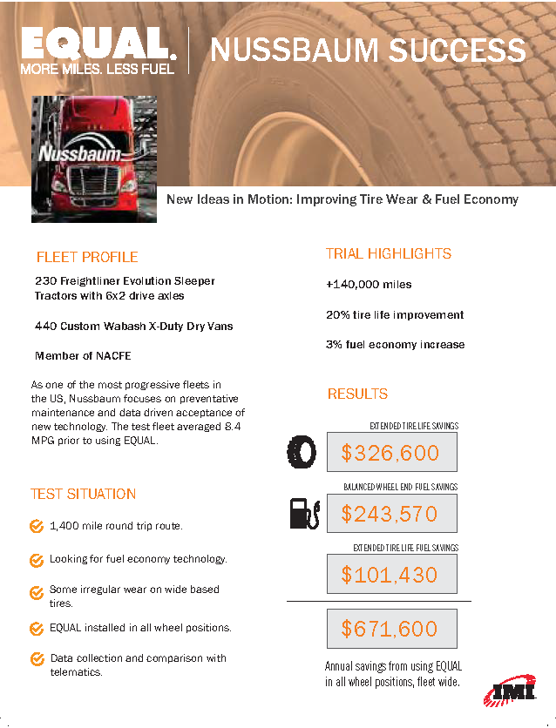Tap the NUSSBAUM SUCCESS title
[368, 50]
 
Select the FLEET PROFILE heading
[87, 257]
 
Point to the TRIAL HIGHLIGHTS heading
[389, 253]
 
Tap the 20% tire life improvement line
[395, 314]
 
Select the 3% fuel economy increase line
[395, 344]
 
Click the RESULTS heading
[357, 394]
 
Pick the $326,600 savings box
[391, 453]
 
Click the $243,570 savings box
[391, 514]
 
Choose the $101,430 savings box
[391, 575]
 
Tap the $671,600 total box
[391, 629]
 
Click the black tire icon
[302, 452]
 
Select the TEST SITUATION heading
[84, 494]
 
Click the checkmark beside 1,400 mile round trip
[36, 526]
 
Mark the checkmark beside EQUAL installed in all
[36, 628]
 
